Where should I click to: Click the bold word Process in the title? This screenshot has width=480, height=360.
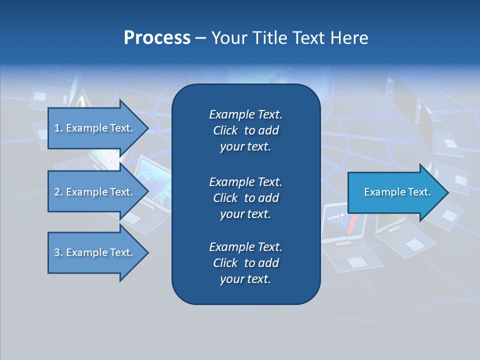coord(157,38)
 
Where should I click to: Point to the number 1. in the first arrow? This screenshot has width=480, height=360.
coord(58,128)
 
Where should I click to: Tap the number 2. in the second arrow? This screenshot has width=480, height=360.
coord(58,192)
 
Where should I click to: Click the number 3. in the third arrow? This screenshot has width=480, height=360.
coord(58,252)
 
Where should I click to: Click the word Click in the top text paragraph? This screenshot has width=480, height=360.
coord(225,130)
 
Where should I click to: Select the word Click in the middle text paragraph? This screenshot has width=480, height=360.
coord(225,198)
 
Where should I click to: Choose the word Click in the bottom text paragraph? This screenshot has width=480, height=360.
coord(225,263)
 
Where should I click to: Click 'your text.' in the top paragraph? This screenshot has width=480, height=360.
coord(245,147)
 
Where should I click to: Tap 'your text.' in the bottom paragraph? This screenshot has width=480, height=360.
coord(245,279)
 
